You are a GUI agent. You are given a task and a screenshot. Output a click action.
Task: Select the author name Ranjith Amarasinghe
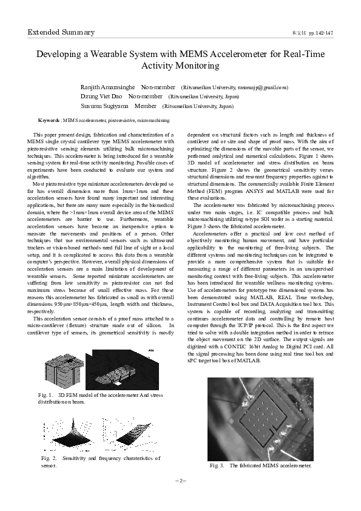pos(108,87)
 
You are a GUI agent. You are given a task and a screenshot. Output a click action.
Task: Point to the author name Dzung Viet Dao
pos(101,96)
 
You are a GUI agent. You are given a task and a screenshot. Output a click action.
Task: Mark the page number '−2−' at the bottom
pos(180,480)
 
